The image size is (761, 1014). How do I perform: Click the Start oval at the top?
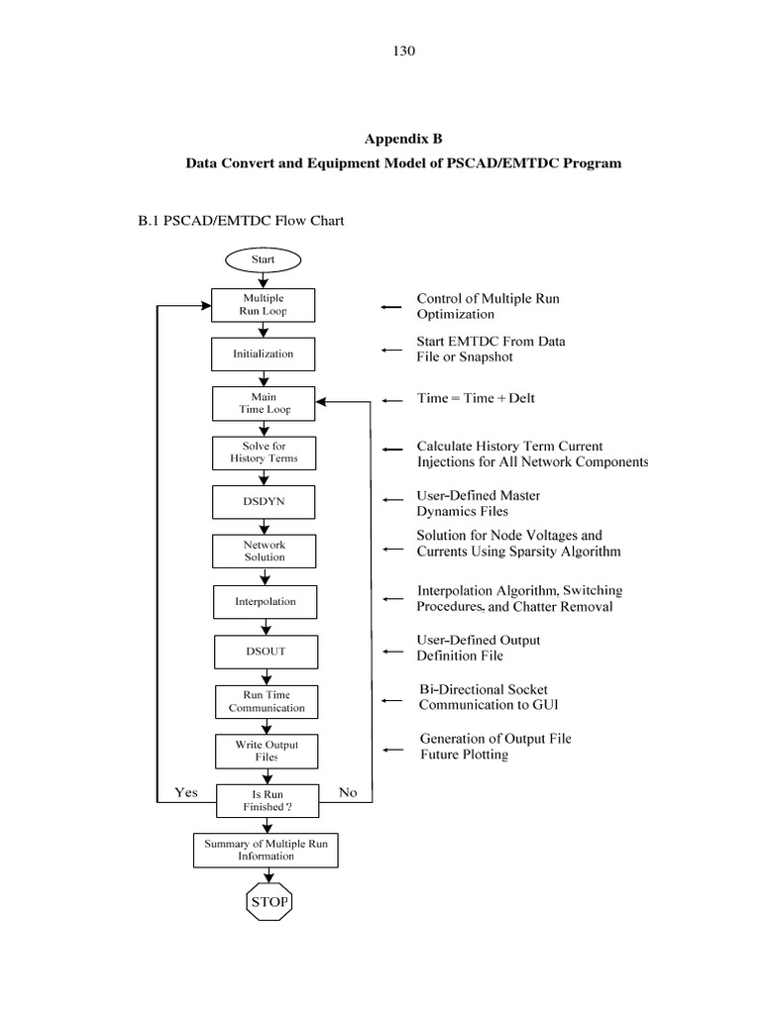point(263,259)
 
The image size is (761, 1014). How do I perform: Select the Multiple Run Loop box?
point(264,304)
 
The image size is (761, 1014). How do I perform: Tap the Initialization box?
point(264,354)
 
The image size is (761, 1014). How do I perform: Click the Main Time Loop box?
point(264,403)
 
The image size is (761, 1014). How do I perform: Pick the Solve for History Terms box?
point(264,453)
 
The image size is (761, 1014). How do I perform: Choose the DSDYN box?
point(264,502)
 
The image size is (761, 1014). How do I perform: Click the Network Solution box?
point(264,552)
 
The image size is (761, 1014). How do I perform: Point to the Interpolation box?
point(264,601)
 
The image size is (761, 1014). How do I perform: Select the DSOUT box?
point(264,652)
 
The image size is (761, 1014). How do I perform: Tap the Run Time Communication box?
point(267,702)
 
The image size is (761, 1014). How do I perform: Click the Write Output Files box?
point(267,751)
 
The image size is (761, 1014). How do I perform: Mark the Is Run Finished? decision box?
point(268,801)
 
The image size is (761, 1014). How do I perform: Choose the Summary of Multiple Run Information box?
point(266,850)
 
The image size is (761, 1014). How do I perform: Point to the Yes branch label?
point(186,792)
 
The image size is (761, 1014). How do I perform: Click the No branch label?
point(348,792)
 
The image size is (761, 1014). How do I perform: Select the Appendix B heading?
point(403,140)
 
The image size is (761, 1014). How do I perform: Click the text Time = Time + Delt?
point(476,398)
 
